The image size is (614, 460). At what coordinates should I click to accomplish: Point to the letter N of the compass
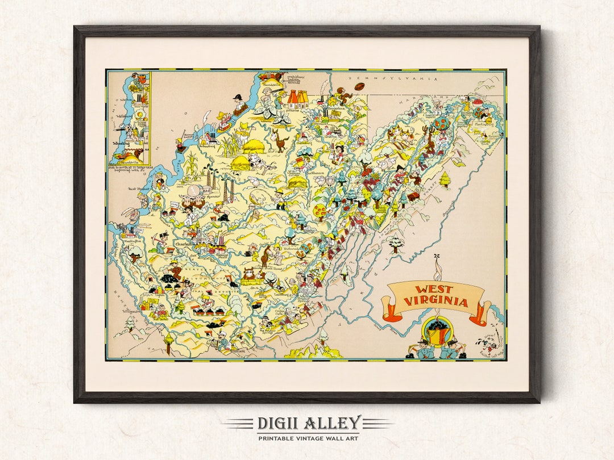[x=436, y=256]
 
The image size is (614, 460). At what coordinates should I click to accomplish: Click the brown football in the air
[x=359, y=87]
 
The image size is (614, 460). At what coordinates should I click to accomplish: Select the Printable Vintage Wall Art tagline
[x=308, y=438]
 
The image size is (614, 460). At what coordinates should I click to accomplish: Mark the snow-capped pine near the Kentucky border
[x=131, y=323]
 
